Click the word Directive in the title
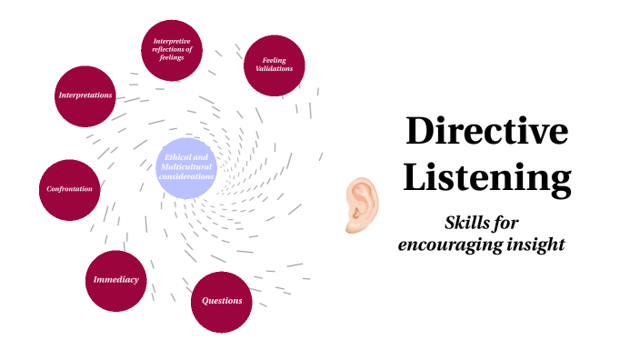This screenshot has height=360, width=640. pos(486,132)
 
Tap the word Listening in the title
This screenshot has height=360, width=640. pos(486,177)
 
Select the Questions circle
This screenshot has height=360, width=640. pos(221,301)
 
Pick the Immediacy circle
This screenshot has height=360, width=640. pos(116,280)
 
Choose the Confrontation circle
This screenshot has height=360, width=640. pos(70,189)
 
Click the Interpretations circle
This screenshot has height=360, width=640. pos(85,95)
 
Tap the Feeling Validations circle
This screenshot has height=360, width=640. pos(275,65)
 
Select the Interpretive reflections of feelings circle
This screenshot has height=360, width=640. pos(172,49)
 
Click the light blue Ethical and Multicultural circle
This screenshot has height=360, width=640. pos(187,168)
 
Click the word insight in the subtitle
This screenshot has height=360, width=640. pos(535,245)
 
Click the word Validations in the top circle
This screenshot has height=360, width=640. pos(275,69)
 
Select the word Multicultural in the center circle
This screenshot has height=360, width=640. pos(187,167)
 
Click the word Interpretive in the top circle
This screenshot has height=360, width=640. pos(172,41)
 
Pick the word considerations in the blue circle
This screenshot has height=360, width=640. pos(187,177)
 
